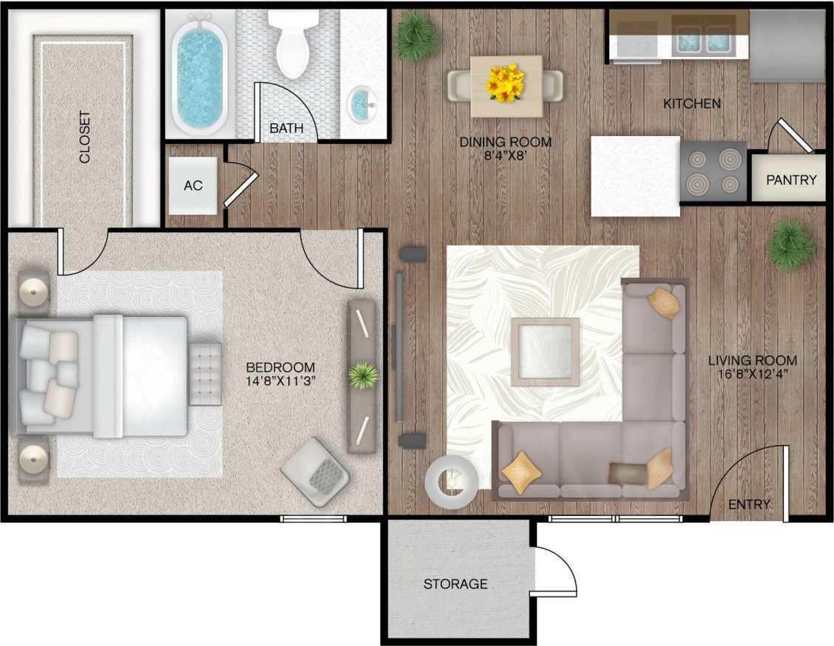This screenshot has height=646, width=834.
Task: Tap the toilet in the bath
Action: (293, 44)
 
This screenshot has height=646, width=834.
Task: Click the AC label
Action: (193, 186)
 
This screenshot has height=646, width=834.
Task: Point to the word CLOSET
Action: (85, 137)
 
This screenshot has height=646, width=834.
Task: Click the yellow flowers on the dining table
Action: (506, 83)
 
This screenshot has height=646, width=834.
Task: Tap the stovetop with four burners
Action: (713, 171)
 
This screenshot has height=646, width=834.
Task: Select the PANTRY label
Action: (791, 180)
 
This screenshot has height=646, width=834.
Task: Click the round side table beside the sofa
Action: (452, 481)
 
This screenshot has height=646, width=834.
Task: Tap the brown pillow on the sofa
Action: (625, 473)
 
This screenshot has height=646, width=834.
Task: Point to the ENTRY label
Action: (749, 505)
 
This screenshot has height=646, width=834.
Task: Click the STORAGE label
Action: (455, 584)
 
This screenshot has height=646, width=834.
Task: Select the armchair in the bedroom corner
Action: (316, 472)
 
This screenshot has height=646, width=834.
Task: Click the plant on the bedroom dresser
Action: (362, 376)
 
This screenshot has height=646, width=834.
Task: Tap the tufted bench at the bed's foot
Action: (206, 373)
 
